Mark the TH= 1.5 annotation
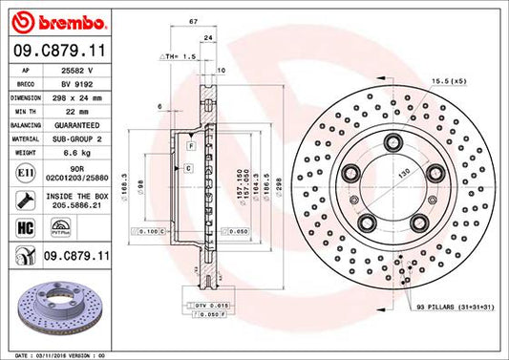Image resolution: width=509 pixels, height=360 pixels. pos(182,56)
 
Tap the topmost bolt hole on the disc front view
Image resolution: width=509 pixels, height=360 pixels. pos(392,142)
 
